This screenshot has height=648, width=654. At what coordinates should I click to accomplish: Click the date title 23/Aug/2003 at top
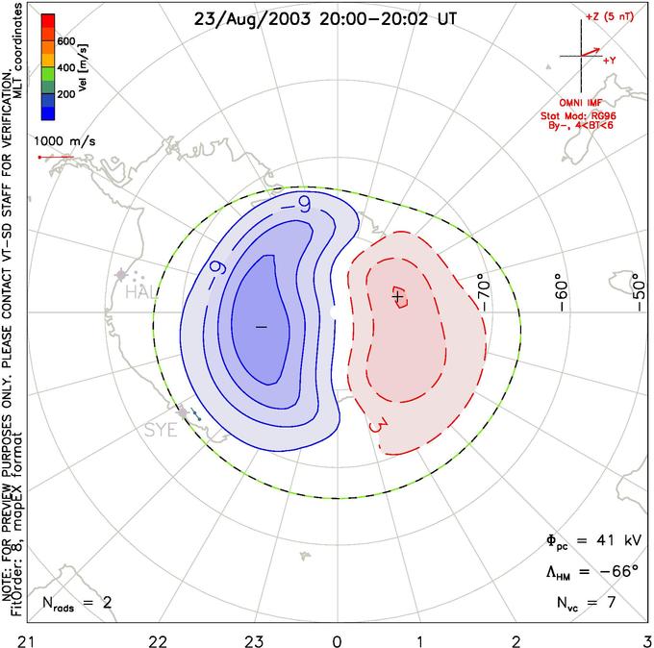tap(251, 18)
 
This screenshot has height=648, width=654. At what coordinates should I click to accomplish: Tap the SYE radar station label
tap(160, 430)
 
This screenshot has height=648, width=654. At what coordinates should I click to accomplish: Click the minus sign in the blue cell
tap(260, 327)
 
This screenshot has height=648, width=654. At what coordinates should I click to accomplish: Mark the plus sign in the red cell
tap(397, 297)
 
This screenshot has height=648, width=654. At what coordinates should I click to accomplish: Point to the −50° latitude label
tap(637, 288)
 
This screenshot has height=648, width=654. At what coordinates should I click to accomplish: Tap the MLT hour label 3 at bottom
tap(644, 638)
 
